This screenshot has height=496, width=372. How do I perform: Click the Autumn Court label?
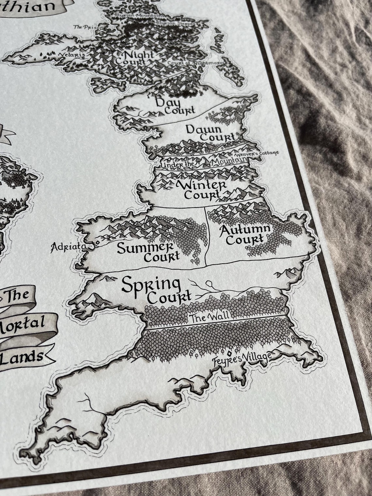pos(245,234)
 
